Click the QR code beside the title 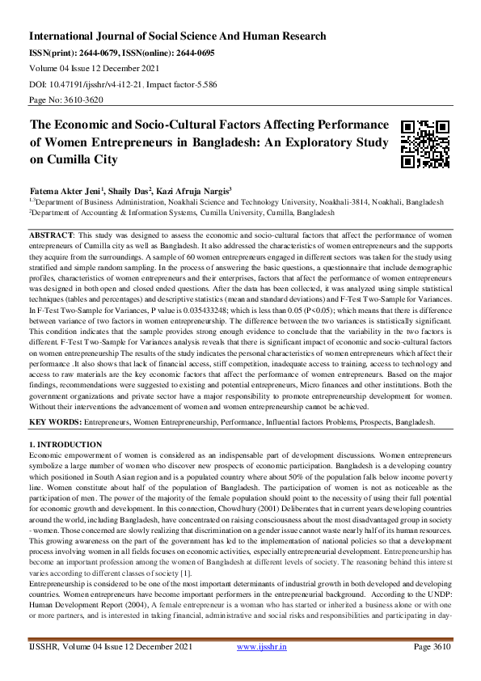(424, 144)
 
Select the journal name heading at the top (178, 36)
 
